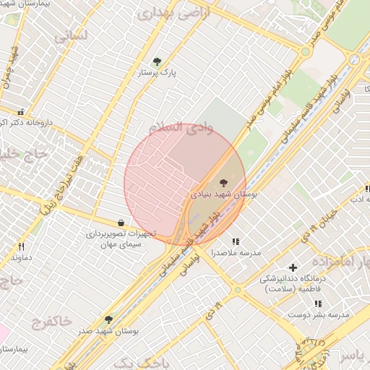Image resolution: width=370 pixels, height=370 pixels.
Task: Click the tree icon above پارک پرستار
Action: point(158,61)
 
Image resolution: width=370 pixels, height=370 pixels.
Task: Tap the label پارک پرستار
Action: point(158,73)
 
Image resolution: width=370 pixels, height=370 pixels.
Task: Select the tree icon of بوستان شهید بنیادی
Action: point(222,183)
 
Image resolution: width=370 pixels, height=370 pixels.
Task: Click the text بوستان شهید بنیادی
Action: point(223,195)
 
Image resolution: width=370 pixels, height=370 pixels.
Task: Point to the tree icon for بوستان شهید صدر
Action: point(108,319)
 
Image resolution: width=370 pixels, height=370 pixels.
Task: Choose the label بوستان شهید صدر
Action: point(110,331)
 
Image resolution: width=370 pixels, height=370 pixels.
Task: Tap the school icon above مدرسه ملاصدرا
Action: point(235,241)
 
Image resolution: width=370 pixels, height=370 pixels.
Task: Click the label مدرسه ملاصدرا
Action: point(236,254)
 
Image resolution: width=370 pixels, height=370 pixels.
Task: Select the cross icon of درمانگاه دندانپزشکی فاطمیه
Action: point(293,267)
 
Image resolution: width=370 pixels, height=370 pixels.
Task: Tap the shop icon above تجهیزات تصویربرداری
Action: point(119,223)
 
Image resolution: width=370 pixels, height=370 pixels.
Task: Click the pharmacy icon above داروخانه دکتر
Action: point(20,112)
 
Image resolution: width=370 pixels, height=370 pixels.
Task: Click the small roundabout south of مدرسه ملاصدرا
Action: point(237,290)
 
